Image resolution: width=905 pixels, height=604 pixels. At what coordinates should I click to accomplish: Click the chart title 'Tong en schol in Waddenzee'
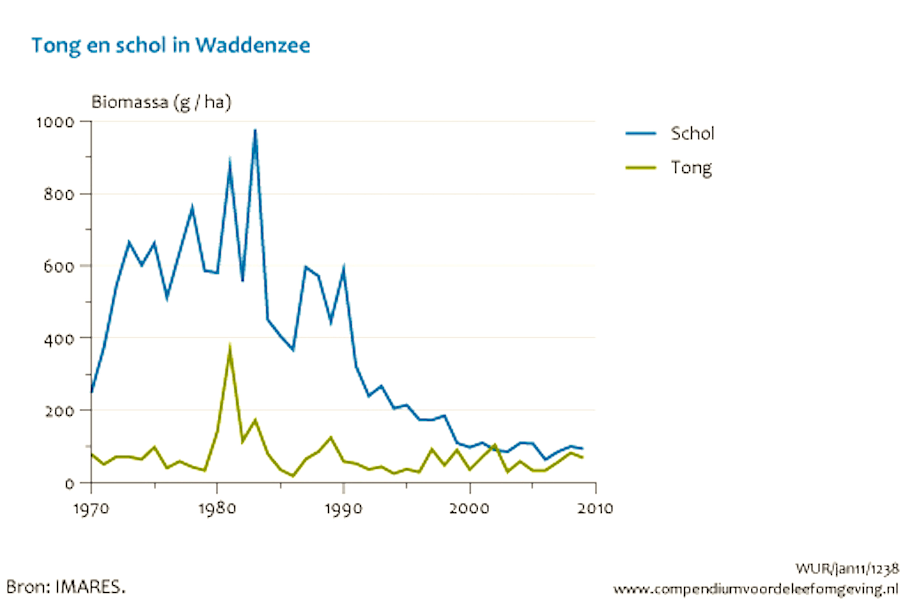pos(171,46)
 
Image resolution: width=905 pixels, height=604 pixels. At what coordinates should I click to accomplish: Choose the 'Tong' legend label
pos(691,168)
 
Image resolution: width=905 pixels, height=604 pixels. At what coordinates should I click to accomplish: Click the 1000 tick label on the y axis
pos(55,122)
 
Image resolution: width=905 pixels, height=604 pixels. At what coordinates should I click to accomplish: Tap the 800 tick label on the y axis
pos(58,195)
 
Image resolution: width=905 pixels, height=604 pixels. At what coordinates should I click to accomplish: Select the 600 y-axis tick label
pos(58,267)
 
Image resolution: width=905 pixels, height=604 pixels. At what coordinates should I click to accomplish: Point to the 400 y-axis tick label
pos(58,339)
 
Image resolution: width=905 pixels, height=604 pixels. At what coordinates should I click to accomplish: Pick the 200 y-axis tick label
pos(58,411)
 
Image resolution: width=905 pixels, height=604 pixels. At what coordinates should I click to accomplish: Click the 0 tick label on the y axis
pos(69,483)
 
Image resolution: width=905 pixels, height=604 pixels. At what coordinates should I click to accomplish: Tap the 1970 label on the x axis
pos(91,509)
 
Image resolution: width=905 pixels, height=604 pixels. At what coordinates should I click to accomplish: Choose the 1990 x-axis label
pos(343,509)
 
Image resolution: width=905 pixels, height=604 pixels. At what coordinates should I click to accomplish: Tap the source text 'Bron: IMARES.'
pos(66,587)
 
